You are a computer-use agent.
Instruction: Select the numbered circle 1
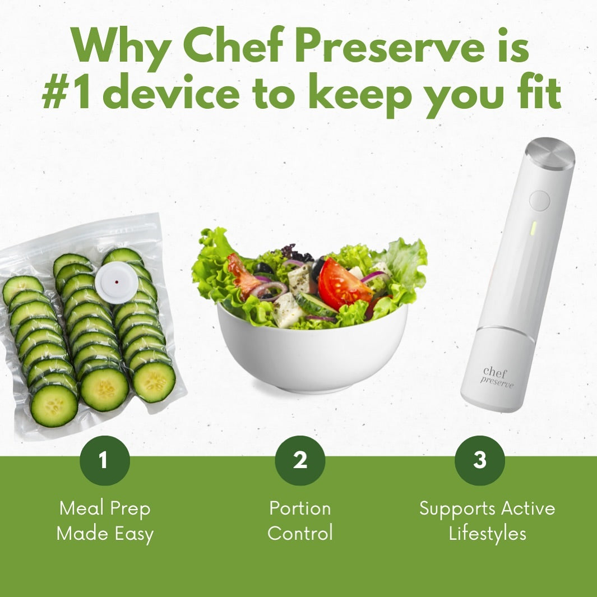coord(104,460)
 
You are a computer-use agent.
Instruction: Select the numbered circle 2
coord(300,460)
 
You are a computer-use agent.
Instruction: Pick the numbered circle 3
coord(479,460)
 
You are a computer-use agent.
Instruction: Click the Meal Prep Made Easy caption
coord(105,521)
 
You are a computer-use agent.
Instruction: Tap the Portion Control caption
coord(300,521)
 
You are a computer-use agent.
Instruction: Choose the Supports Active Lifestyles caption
coord(487,521)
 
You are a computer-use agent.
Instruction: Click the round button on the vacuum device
coord(539,201)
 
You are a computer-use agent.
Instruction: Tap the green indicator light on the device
coord(534,228)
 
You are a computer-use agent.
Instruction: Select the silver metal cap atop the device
coord(550,153)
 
